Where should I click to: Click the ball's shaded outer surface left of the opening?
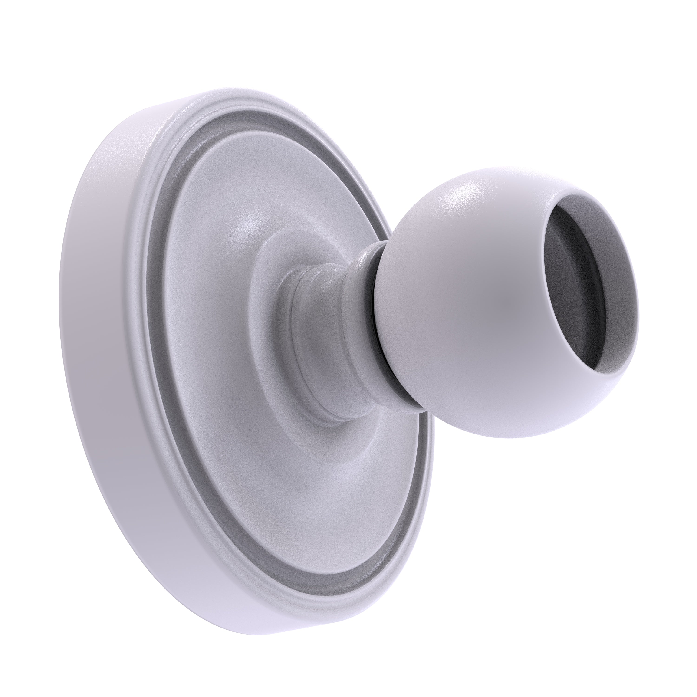coord(487,307)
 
